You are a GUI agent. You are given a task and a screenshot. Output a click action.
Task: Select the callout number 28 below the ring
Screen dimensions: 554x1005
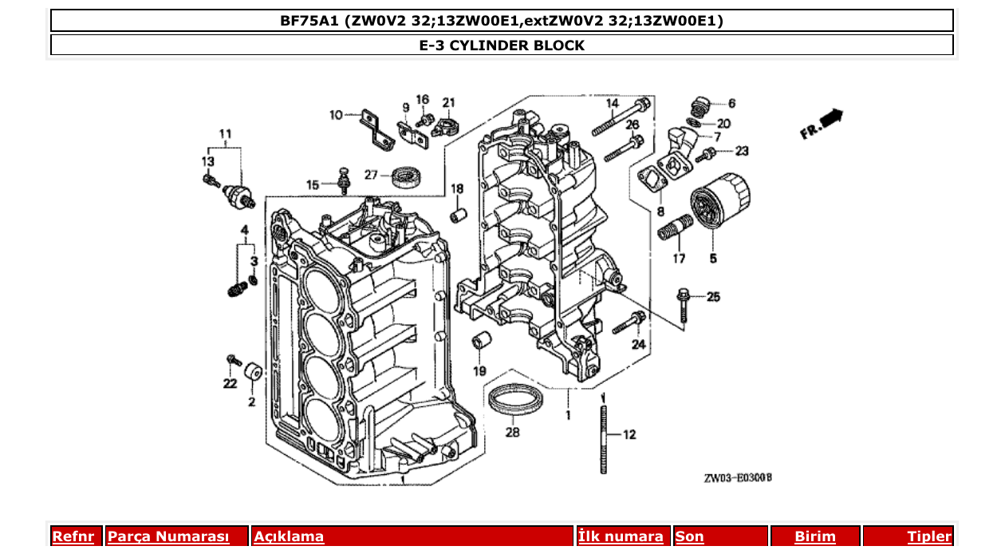pos(512,433)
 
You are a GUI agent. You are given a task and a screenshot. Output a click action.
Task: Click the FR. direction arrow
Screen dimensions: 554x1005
pos(822,125)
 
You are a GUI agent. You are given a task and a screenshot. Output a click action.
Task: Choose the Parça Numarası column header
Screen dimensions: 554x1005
pos(168,536)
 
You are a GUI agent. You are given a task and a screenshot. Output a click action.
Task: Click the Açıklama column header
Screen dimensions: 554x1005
pos(289,536)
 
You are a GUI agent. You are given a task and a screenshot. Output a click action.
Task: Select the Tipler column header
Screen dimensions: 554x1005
pos(929,536)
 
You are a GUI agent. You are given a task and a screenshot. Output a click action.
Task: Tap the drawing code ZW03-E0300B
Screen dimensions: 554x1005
pos(737,478)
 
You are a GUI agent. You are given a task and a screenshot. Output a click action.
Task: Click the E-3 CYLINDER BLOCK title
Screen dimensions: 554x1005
pos(502,46)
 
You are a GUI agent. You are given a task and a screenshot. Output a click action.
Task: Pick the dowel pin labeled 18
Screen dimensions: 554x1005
pos(458,216)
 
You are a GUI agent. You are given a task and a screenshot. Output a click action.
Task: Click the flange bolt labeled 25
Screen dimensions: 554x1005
pos(684,306)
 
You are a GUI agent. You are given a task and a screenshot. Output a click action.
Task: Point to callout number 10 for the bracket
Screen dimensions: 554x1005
pos(336,115)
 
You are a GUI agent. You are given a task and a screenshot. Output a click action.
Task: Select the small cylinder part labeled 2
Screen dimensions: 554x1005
pos(253,372)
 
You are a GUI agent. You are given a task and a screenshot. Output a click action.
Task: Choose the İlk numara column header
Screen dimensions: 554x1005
pos(621,536)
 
